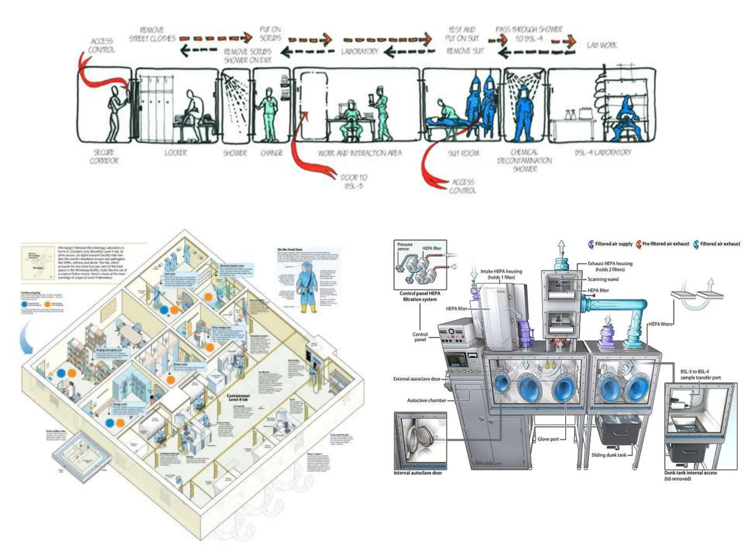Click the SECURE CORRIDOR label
pos(104,156)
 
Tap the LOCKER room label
pos(176,153)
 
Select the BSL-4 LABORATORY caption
pos(603,152)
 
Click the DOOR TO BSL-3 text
pos(354,182)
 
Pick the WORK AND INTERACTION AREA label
pos(360,153)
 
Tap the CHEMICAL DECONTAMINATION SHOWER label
pos(525,160)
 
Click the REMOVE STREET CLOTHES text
pos(152,34)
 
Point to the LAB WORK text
pos(602,45)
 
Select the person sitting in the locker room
pos(193,109)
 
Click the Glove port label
pos(548,439)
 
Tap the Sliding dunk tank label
pos(608,455)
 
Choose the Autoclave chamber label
pos(426,400)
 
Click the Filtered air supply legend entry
pos(613,244)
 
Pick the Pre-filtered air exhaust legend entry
pos(665,244)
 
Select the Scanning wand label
pos(603,279)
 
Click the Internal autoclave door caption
pos(418,473)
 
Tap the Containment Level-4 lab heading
pos(238,397)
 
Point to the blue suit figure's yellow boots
pos(308,309)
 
